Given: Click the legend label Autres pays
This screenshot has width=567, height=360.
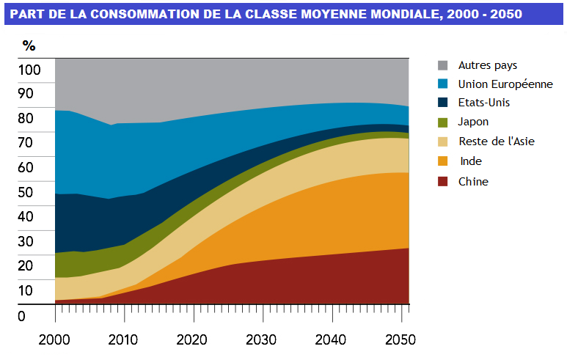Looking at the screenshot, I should click(487, 65).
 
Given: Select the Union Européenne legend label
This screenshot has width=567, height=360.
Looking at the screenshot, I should click(505, 84).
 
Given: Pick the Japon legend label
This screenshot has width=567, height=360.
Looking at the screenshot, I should click(473, 122).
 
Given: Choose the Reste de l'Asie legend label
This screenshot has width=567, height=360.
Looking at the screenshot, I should click(496, 141).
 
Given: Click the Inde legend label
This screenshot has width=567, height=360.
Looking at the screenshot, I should click(470, 161).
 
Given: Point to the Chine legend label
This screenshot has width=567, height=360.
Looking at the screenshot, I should click(473, 181).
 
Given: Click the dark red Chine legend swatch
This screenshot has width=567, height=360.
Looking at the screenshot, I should click(443, 181).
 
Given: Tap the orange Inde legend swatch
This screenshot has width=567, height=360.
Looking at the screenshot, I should click(443, 161).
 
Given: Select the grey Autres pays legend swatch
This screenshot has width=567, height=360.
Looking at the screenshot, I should click(443, 65).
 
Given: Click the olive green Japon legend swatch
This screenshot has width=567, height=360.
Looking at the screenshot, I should click(443, 122).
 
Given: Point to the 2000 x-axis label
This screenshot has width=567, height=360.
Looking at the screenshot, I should click(55, 339).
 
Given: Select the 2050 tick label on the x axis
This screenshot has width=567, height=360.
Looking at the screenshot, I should click(402, 339).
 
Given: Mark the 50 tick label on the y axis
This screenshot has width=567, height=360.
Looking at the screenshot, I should click(27, 192).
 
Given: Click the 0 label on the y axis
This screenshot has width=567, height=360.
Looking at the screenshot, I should click(22, 317).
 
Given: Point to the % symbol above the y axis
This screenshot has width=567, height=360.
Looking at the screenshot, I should click(29, 46).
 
